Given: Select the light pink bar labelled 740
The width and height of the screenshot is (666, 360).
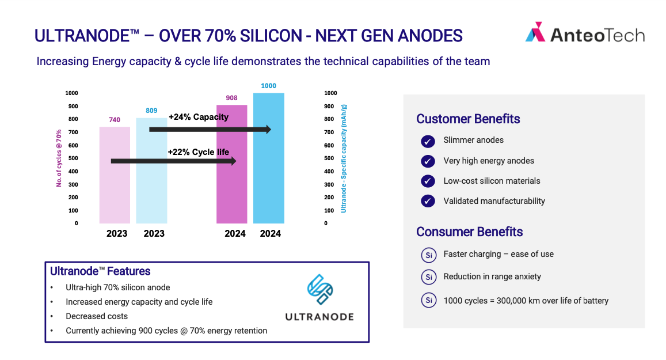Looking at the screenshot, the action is [115, 175].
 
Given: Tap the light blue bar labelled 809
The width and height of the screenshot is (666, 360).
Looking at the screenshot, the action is [151, 170].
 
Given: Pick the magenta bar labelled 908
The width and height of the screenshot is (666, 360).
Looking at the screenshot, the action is [232, 164].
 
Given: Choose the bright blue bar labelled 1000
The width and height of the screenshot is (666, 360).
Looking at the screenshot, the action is [269, 158].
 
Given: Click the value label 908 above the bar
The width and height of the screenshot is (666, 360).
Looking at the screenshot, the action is [231, 98].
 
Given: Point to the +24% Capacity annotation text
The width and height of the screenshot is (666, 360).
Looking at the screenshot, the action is [199, 117].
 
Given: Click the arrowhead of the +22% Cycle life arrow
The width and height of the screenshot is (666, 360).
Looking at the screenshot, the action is [233, 161].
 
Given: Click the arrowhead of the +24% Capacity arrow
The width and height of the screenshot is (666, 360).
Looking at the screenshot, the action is [268, 129].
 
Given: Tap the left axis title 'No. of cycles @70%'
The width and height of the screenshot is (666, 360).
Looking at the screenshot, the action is [59, 158].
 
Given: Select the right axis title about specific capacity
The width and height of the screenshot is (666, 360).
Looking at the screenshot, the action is [344, 158].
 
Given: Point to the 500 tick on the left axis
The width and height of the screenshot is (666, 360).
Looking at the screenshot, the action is [73, 158].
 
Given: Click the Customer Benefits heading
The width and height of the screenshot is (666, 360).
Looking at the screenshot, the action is [468, 119].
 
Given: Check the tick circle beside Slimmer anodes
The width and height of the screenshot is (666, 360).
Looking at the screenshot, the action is [428, 141].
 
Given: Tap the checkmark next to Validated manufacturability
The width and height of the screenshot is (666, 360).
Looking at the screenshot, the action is [428, 201].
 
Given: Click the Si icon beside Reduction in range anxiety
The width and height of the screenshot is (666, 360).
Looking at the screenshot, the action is [429, 277].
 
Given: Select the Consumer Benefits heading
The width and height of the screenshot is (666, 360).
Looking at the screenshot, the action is [469, 232].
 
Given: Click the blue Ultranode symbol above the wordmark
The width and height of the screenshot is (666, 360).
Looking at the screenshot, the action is [320, 290].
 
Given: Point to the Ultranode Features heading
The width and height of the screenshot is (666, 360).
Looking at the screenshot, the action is [100, 271].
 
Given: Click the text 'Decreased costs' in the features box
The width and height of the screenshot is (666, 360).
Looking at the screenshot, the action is [97, 316].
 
